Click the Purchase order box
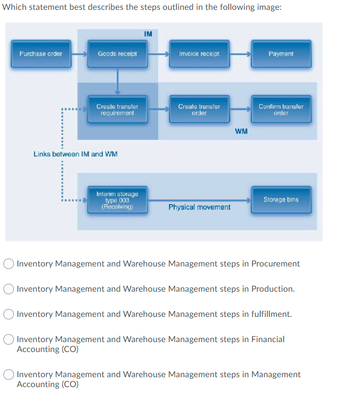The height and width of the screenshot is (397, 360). (41, 54)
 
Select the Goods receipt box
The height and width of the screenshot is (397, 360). (117, 54)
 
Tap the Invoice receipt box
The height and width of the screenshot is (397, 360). (199, 54)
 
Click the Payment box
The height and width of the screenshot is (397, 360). (281, 54)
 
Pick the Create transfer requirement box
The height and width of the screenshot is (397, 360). (117, 109)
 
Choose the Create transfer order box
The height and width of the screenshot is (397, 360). (199, 109)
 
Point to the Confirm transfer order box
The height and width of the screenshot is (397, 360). (281, 109)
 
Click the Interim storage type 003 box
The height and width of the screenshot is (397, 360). (117, 200)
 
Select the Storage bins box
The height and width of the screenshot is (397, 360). (281, 200)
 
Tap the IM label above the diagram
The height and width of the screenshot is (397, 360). (148, 34)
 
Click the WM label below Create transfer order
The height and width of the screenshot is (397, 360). (241, 132)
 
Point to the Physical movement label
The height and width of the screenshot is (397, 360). (199, 207)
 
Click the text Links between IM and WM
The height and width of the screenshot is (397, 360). (76, 154)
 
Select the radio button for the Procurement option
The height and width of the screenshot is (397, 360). (9, 264)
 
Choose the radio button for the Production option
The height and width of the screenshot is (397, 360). (9, 289)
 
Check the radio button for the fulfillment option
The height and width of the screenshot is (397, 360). (9, 314)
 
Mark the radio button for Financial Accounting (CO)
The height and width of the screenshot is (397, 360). (9, 340)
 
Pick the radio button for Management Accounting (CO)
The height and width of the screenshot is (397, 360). (9, 375)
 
